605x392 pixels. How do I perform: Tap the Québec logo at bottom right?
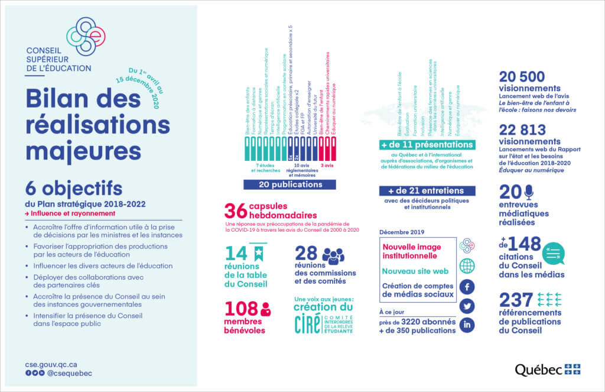click(547, 370)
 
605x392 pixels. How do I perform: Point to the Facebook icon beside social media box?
click(467, 287)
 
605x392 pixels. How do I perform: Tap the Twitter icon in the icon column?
click(467, 306)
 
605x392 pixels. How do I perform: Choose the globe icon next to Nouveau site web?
click(467, 265)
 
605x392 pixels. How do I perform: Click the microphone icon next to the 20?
click(528, 192)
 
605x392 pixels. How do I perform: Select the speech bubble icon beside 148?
click(554, 253)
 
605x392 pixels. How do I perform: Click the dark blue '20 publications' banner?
click(289, 184)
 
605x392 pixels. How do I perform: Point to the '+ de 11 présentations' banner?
click(427, 145)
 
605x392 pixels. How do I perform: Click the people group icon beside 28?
click(333, 255)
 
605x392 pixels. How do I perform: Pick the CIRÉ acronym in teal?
click(307, 324)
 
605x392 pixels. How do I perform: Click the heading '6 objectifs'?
click(74, 189)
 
